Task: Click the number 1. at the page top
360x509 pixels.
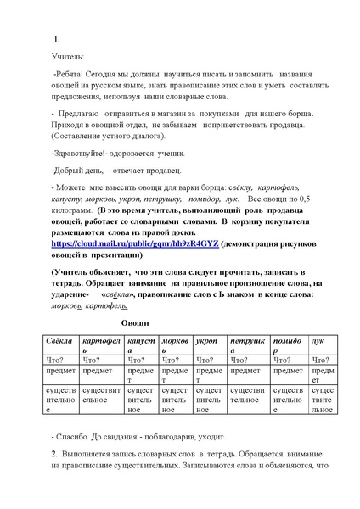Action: pos(56,38)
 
